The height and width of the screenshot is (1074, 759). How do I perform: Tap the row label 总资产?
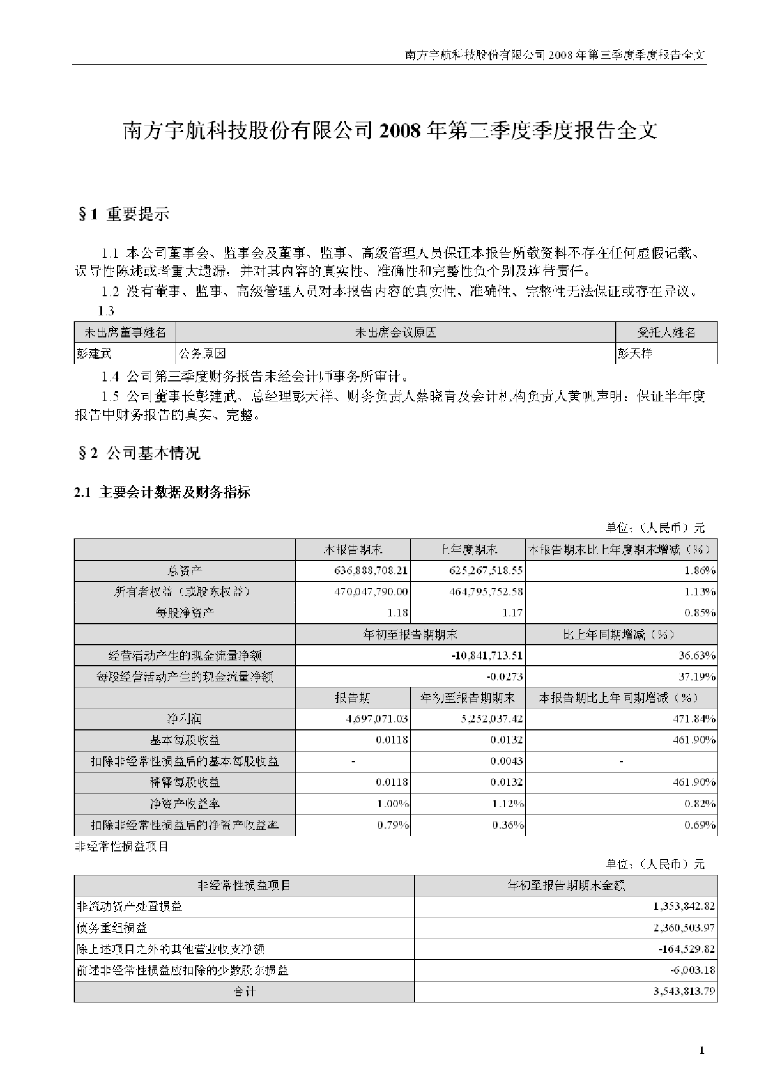click(185, 570)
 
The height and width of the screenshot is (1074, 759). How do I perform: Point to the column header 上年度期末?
click(468, 549)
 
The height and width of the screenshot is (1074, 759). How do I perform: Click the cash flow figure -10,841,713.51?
click(479, 655)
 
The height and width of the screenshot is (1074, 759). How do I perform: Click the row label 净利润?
click(185, 719)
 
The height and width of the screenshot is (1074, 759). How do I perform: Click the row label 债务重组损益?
click(112, 928)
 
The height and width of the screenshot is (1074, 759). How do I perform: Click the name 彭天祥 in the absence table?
click(635, 353)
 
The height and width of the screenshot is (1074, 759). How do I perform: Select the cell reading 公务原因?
click(202, 353)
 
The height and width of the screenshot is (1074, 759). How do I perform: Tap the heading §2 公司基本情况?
click(137, 453)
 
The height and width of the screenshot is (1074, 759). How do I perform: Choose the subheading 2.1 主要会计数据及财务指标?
click(162, 492)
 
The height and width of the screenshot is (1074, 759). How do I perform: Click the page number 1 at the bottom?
click(702, 1050)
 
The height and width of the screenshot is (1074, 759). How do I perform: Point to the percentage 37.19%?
click(698, 676)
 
